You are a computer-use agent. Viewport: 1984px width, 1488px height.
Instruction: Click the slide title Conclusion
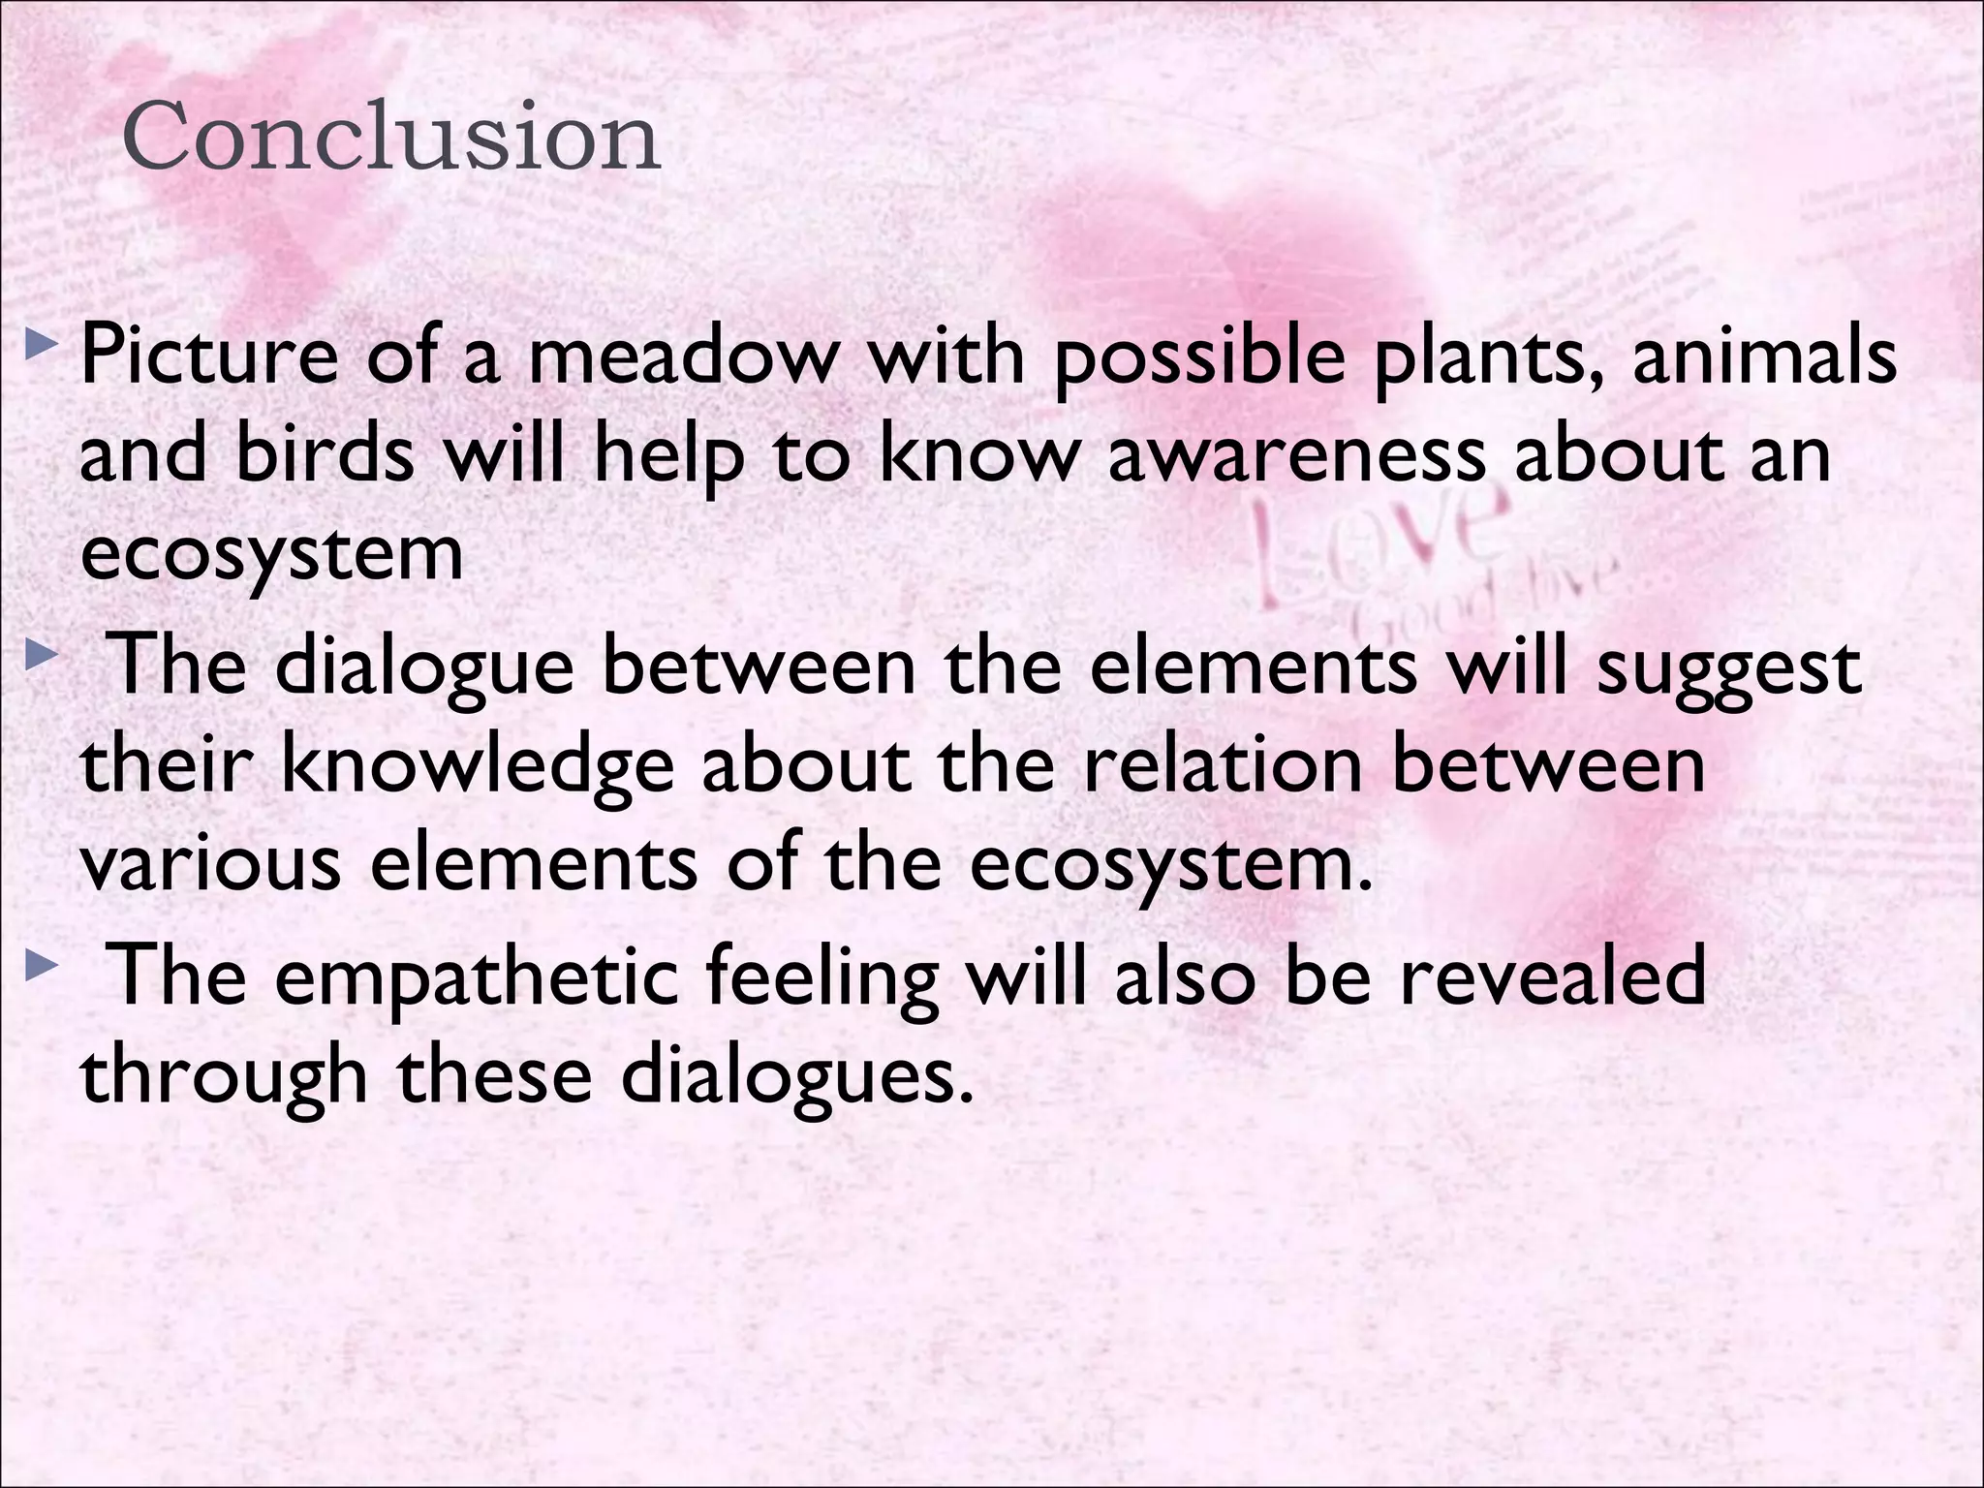(391, 137)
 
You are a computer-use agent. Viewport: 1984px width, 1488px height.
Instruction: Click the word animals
(1764, 356)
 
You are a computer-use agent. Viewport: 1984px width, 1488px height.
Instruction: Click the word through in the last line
(224, 1077)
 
